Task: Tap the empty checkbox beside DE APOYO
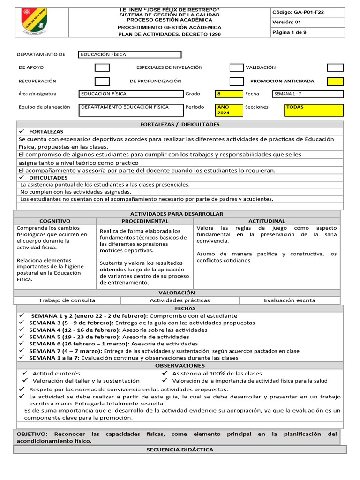coord(102,67)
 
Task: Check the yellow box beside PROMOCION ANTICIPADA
coord(335,81)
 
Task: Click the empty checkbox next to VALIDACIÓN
coord(335,67)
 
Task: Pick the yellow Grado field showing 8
coord(229,94)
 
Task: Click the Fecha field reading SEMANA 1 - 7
coord(307,94)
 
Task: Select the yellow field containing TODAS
coord(314,110)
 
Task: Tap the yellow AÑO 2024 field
coord(229,110)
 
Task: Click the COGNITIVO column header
coord(55,221)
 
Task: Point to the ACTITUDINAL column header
coord(267,221)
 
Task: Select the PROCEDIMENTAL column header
coord(145,221)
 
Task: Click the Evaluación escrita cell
coord(289,300)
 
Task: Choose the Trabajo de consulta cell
coord(67,300)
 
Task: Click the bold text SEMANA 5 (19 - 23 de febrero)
coord(75,337)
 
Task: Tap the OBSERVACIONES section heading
coord(180,365)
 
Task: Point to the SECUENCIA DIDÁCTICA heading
coord(180,450)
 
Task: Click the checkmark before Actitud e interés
coord(25,373)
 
